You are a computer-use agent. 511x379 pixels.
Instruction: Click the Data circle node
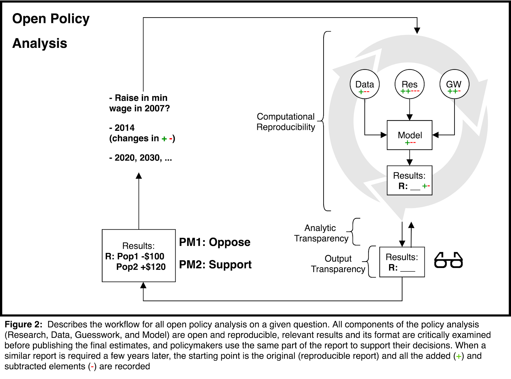[364, 84]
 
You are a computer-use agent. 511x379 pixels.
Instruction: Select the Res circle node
[409, 84]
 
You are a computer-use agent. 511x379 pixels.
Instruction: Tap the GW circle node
[454, 84]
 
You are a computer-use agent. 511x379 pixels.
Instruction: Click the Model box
[409, 135]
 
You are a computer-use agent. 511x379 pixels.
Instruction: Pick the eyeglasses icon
[448, 260]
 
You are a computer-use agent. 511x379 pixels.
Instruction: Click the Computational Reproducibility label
[286, 122]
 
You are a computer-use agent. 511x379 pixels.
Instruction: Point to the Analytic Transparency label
[321, 233]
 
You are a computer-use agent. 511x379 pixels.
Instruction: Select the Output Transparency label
[338, 264]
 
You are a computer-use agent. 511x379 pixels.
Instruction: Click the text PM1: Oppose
[215, 242]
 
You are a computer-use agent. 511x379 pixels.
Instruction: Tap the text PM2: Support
[215, 265]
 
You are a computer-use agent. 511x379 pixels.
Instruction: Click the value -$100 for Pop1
[152, 256]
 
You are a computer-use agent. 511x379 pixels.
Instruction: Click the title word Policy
[70, 19]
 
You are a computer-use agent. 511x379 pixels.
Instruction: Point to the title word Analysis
[40, 43]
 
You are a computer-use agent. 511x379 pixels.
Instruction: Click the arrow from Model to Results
[409, 158]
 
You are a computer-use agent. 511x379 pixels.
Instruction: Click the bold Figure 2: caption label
[24, 324]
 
